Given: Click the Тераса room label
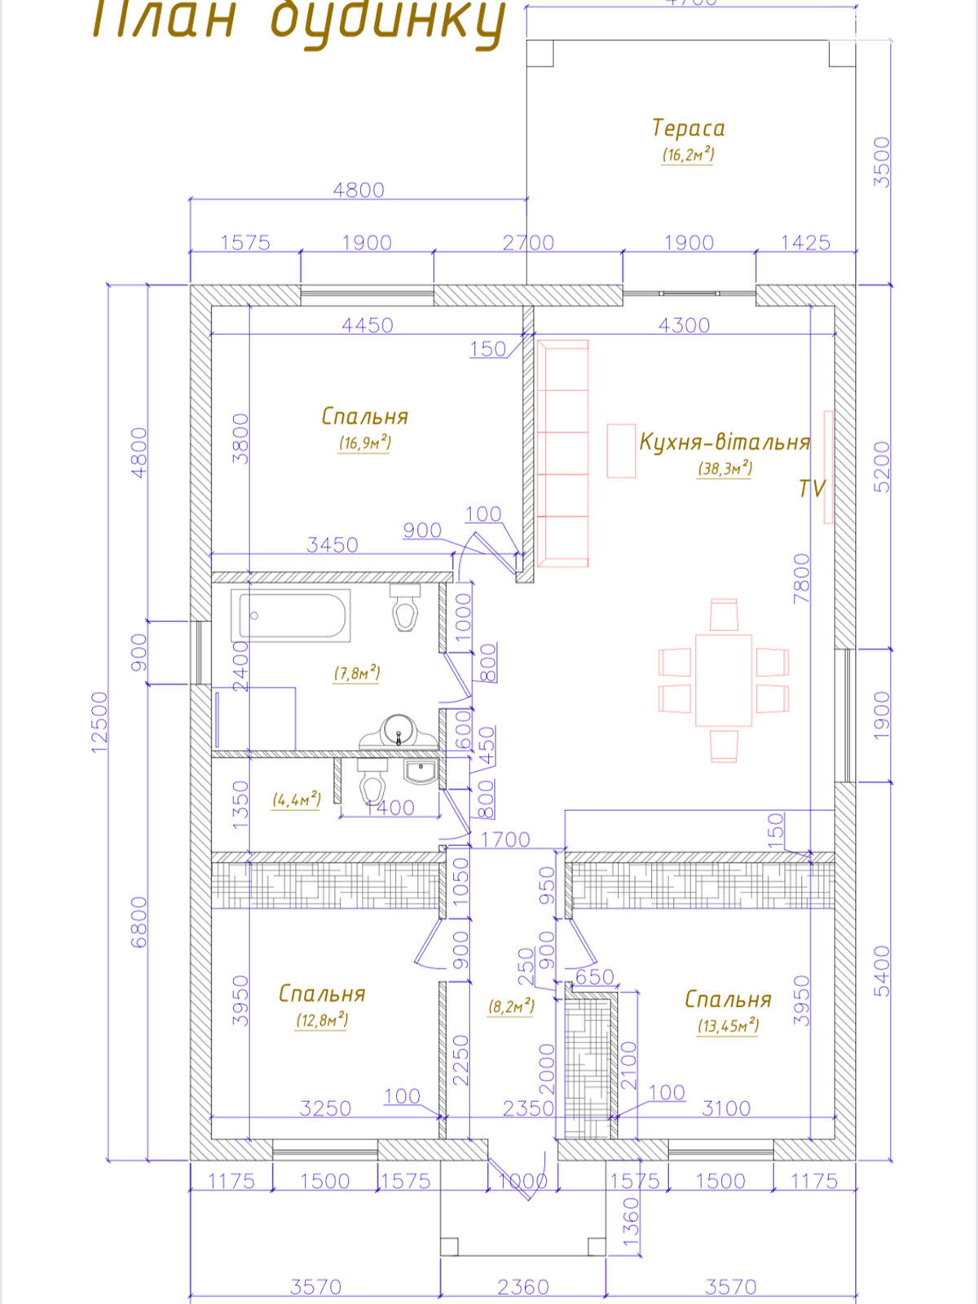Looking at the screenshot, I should [x=688, y=128].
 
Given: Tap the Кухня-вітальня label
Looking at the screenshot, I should [x=724, y=442].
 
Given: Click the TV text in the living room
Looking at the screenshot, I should [x=812, y=488].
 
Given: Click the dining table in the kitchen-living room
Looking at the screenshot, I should [x=723, y=681].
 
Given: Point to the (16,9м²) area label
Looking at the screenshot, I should [x=364, y=443].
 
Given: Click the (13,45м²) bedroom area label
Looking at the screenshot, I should [x=727, y=1025].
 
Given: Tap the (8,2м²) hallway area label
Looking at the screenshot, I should [x=511, y=1007].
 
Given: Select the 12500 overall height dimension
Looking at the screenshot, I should [x=99, y=722].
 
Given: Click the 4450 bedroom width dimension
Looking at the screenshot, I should [x=368, y=325].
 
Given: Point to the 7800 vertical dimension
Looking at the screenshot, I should [x=802, y=578].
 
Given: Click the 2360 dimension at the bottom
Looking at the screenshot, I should [x=522, y=1287].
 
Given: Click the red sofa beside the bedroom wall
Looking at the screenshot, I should [x=562, y=453].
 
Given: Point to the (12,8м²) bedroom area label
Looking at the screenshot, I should [x=322, y=1020].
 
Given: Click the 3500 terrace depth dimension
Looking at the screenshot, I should [x=882, y=161].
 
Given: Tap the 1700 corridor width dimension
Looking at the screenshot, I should [x=505, y=839].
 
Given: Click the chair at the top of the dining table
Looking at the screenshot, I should [x=723, y=614].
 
